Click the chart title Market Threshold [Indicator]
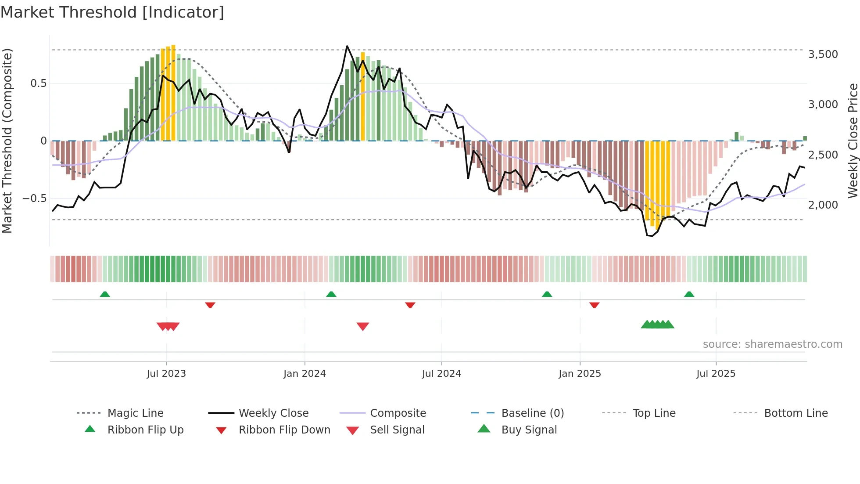112,12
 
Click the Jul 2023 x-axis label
166,374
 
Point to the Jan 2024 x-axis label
305,374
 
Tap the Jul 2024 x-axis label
441,374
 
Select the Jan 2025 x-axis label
580,374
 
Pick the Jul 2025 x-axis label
716,374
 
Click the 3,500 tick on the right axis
823,54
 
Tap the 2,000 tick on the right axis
823,205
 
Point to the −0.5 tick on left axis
34,199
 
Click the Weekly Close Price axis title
853,141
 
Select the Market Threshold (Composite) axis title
7,141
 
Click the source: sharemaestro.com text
772,344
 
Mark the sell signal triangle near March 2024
363,326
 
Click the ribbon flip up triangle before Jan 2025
547,294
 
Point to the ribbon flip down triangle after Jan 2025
595,305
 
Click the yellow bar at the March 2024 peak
363,97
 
